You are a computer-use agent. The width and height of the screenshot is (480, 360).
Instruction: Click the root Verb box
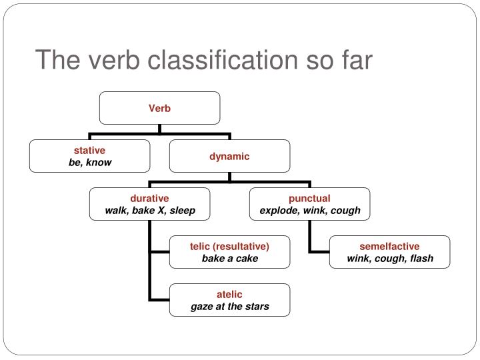[x=159, y=108]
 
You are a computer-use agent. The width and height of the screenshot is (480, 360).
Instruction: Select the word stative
[x=89, y=151]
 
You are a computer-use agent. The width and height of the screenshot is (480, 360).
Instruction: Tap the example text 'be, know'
[x=90, y=163]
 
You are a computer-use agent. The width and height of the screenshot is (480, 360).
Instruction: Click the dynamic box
[x=229, y=156]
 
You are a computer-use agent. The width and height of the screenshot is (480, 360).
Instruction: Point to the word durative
[x=149, y=198]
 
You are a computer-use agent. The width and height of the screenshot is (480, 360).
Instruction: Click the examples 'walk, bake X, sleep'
[x=150, y=210]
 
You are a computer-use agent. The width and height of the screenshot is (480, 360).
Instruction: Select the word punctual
[x=309, y=198]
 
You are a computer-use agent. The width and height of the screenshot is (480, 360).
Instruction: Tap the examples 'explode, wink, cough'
[x=309, y=210]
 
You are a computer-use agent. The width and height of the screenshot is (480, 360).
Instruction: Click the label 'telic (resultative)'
[x=229, y=246]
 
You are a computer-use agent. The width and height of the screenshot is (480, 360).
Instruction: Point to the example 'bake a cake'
[x=229, y=258]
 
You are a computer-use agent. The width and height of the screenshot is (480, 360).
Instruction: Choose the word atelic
[x=229, y=294]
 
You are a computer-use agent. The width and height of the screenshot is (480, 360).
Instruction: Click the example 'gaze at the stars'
[x=229, y=306]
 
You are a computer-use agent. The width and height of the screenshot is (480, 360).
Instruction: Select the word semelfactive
[x=389, y=246]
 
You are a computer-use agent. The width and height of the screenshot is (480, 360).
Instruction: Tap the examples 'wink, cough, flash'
[x=389, y=258]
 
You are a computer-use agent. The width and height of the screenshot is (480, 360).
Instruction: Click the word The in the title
[x=59, y=60]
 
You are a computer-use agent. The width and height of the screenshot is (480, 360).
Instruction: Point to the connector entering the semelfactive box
[x=320, y=252]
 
